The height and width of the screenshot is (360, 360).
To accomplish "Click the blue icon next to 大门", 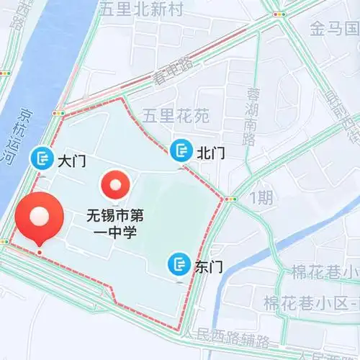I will point(41,158).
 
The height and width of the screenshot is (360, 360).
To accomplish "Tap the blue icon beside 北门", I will point(179,150).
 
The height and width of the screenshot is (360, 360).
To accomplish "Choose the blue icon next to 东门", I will point(178,264).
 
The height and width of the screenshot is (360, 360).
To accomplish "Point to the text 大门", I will point(71,160).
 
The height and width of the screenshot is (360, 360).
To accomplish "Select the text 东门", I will point(208,266).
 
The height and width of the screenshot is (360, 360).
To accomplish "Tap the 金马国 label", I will point(335,29).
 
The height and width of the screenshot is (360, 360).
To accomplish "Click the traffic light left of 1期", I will point(230,199).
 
